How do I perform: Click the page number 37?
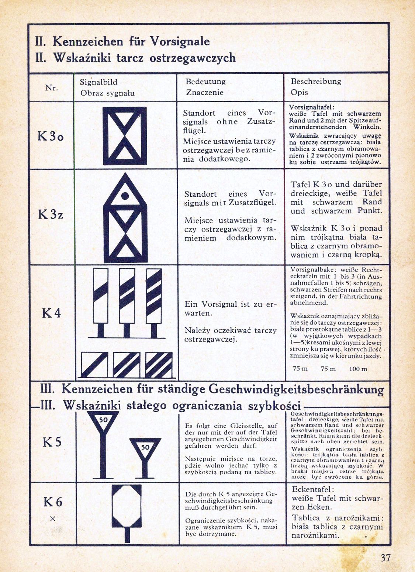coord(385,557)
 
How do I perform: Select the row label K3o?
coord(51,136)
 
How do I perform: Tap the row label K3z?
coord(51,214)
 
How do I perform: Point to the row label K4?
coord(51,313)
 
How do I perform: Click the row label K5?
coord(52,442)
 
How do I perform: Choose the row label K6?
coord(53,502)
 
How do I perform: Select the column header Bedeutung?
coord(205,82)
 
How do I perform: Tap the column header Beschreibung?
coord(316,81)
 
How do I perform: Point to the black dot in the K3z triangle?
coord(125,195)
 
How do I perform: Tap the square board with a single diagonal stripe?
coord(94,365)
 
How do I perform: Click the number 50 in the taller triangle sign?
coord(103,420)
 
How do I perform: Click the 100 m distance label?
coord(358,369)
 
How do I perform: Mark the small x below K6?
coord(52,518)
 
